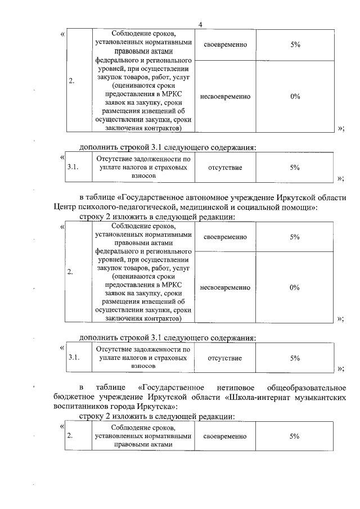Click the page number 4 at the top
pos(200,24)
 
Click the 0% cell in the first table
pos(295,96)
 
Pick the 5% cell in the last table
pos(295,436)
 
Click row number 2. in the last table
pos(70,436)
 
